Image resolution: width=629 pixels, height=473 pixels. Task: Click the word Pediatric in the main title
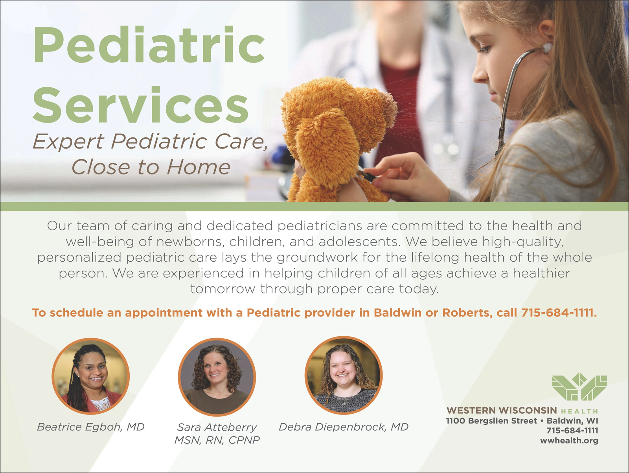149,44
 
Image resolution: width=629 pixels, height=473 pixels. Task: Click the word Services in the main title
140,104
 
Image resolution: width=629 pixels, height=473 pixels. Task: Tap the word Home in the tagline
199,167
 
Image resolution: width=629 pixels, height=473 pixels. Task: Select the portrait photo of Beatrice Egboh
90,376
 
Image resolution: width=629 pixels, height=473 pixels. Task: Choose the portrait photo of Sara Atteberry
217,377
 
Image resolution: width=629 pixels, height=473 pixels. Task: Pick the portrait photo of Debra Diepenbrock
344,375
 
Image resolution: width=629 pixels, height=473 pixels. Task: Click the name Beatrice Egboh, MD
90,427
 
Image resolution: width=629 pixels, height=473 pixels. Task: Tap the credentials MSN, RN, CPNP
217,440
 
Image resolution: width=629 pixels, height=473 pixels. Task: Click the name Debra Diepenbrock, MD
344,427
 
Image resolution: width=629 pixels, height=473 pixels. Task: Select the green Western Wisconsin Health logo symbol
579,386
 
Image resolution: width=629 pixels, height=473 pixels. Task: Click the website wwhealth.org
569,441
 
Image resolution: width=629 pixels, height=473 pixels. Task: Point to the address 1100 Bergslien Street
491,421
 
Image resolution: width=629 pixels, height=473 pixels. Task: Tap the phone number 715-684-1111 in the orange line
559,313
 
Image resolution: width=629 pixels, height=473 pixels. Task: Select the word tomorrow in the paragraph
223,289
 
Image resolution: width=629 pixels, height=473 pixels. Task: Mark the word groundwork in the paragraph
317,258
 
